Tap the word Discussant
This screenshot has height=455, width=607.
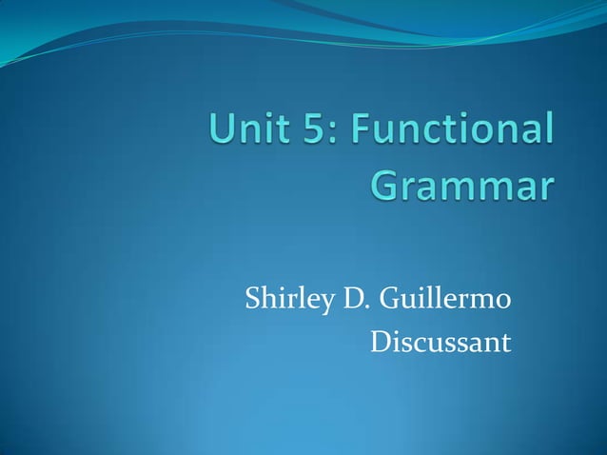click(440, 341)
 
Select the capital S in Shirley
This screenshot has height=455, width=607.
click(253, 302)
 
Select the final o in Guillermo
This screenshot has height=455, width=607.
click(504, 305)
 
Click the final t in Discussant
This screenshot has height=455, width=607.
click(506, 342)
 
